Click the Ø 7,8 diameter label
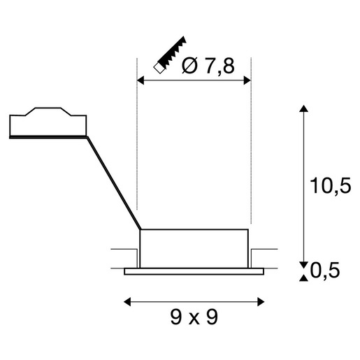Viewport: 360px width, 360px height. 208,66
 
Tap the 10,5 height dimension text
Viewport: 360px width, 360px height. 330,186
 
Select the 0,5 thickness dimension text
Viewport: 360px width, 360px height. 325,271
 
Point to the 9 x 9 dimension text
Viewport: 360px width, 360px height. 194,317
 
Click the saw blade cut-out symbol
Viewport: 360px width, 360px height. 169,55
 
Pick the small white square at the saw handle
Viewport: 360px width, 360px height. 159,68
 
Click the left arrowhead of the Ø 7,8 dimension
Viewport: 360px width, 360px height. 141,80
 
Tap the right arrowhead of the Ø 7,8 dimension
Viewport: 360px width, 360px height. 247,80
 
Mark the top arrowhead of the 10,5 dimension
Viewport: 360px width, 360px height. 303,108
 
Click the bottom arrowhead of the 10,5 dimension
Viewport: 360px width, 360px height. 303,266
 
